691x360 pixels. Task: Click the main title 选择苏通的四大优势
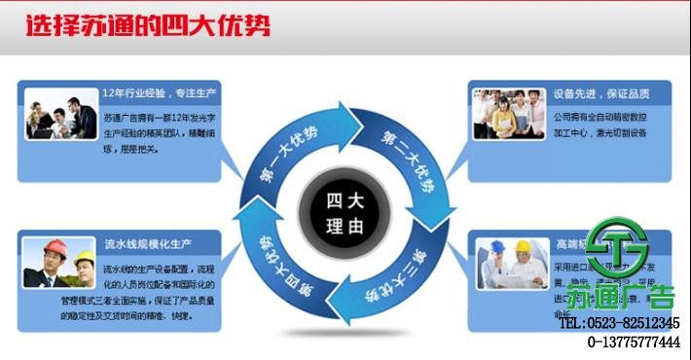(149, 26)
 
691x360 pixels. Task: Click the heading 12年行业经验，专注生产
(159, 94)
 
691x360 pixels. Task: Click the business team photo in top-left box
(60, 114)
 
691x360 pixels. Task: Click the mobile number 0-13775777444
(633, 342)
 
